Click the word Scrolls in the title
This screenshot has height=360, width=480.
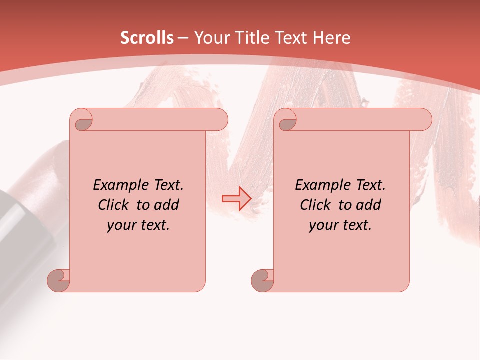click(147, 38)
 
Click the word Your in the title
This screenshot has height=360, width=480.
click(210, 38)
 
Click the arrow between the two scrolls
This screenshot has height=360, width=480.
click(236, 198)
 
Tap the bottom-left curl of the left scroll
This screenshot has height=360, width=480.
click(58, 280)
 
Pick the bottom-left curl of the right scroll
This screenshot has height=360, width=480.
click(262, 280)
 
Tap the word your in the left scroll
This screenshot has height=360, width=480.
click(120, 225)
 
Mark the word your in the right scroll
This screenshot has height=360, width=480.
click(322, 225)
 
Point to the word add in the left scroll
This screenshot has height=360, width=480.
click(166, 205)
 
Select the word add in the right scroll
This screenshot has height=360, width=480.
click(368, 205)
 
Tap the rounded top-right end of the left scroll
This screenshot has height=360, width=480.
click(220, 120)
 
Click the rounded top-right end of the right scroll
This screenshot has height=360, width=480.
click(424, 120)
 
